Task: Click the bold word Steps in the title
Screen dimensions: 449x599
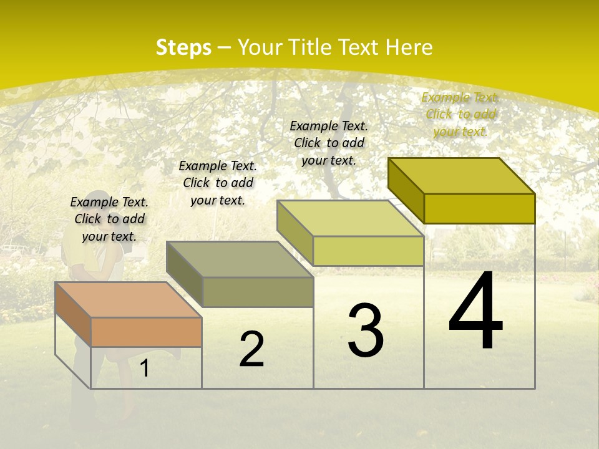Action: pos(183,47)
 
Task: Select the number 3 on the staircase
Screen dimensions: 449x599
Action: pos(366,330)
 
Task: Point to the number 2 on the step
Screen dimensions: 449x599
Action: pos(251,349)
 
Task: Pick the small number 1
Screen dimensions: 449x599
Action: pos(145,368)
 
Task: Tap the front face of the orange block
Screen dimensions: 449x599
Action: pos(146,332)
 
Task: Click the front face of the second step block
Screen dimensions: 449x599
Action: pos(258,292)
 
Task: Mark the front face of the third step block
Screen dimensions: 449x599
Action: pos(368,251)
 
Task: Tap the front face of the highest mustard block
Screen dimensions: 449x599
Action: pos(479,208)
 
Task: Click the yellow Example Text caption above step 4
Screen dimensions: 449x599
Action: pos(460,115)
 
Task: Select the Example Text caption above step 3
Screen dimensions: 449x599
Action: pos(329,143)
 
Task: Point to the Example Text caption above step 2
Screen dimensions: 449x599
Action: pos(218,183)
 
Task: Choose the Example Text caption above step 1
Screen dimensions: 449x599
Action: pos(109,219)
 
